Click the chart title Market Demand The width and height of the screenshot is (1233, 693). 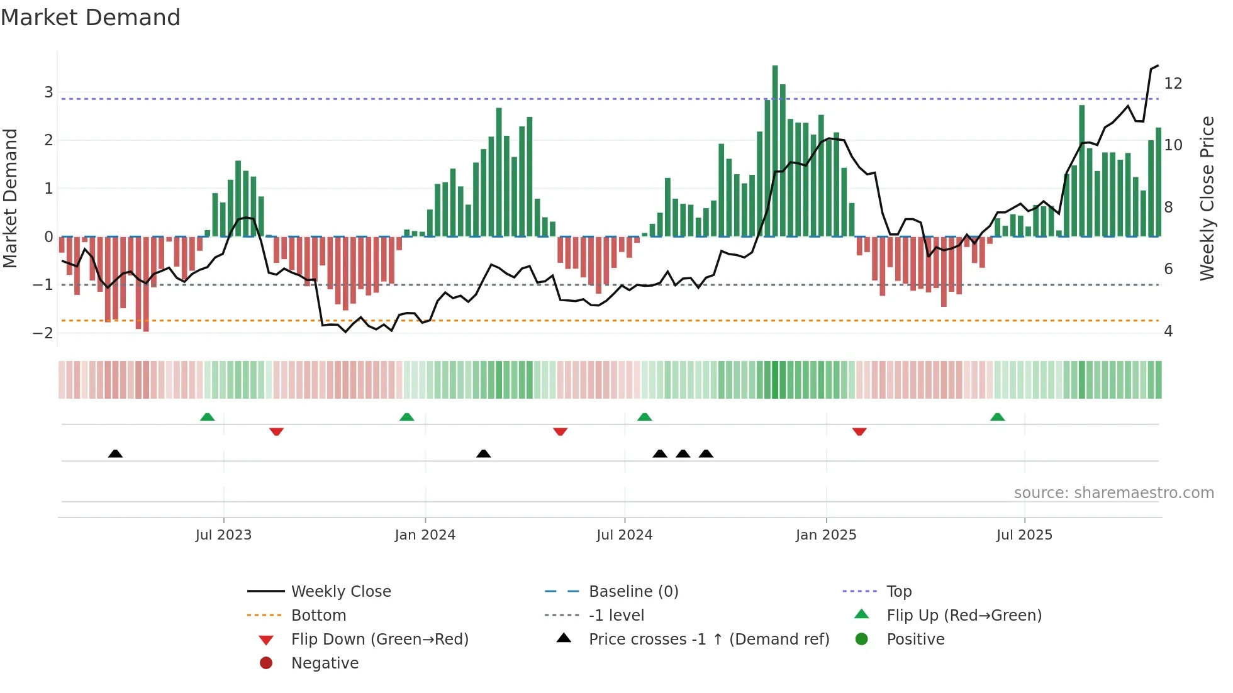pos(91,18)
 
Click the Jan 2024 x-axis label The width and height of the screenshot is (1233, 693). pos(425,535)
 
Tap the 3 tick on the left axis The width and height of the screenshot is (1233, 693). pos(48,92)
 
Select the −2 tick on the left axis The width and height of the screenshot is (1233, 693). pos(43,333)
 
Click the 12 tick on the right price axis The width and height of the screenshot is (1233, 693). pos(1173,84)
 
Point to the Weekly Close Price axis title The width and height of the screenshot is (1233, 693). pos(1207,198)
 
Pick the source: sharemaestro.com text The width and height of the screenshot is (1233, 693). pos(1113,493)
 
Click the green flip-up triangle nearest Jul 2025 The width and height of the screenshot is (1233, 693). pos(997,417)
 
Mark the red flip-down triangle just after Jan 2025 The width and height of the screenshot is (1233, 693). pos(859,431)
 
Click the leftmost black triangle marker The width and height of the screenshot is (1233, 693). pos(115,453)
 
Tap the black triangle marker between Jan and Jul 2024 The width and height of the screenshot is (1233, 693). pos(483,453)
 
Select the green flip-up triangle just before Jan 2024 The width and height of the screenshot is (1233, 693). pos(406,417)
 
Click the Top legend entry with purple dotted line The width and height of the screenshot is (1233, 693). pos(898,592)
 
